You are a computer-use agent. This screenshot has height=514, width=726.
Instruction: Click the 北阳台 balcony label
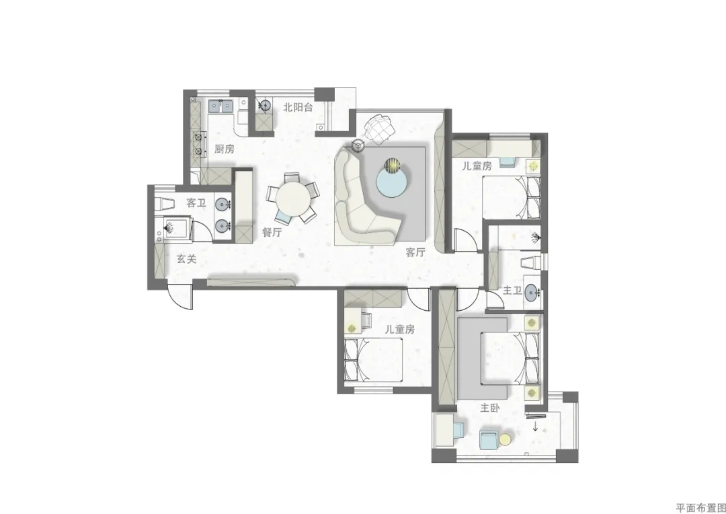click(x=298, y=108)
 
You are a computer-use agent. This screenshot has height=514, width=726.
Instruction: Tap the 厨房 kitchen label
click(x=224, y=149)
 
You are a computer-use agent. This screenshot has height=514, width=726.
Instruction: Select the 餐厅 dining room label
click(x=272, y=232)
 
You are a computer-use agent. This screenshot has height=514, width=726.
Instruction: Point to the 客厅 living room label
click(x=415, y=252)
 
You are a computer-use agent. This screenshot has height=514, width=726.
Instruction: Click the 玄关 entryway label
click(x=187, y=259)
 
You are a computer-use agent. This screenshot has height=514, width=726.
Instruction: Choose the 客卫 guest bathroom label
click(x=196, y=203)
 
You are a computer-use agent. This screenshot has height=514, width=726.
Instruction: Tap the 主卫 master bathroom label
click(x=512, y=291)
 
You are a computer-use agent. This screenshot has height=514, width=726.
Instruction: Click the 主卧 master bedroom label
click(x=490, y=408)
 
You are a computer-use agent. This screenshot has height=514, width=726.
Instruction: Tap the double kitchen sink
click(x=220, y=106)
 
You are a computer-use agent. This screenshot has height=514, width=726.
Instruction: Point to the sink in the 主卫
click(x=532, y=292)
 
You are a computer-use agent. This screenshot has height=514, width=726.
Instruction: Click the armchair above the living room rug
click(x=380, y=127)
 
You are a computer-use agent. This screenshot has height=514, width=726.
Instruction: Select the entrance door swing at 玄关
click(x=180, y=298)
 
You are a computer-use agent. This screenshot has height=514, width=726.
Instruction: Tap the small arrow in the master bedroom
click(x=535, y=427)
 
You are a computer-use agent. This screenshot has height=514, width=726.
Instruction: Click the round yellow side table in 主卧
click(x=505, y=439)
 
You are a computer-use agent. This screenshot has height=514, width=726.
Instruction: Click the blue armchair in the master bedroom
click(x=488, y=440)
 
